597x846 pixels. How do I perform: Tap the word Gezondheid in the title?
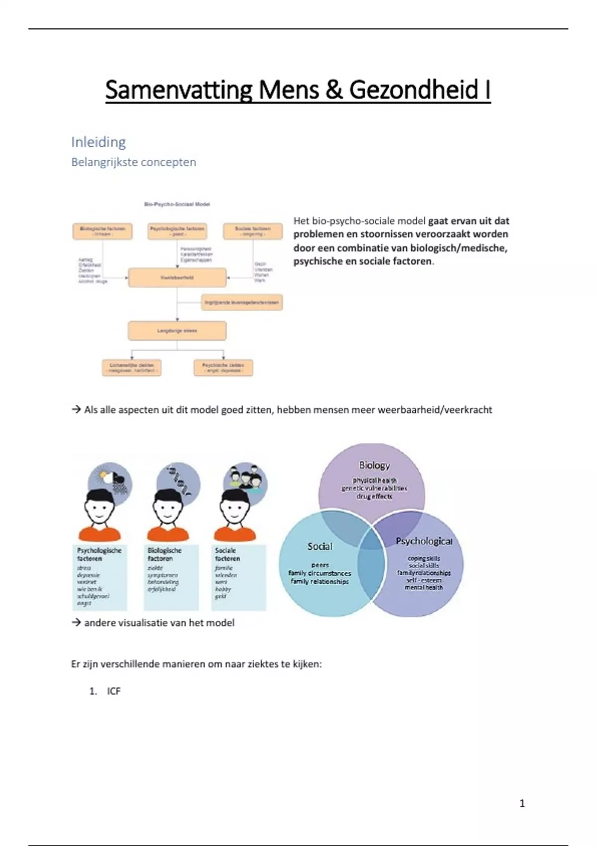tap(413, 90)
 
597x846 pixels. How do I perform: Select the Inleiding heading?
tap(99, 142)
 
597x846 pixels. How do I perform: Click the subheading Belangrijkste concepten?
tap(133, 162)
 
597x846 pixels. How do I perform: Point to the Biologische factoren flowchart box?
tap(102, 231)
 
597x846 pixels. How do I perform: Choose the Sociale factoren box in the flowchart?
tap(253, 231)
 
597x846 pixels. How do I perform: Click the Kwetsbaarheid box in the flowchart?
tap(177, 278)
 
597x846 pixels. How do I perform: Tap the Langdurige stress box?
tap(177, 330)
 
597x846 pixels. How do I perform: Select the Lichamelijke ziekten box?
tap(132, 368)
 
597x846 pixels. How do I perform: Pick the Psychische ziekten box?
tap(223, 368)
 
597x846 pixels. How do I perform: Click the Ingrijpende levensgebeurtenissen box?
tap(242, 302)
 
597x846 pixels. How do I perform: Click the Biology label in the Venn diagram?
tap(374, 465)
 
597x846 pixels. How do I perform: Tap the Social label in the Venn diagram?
tap(319, 546)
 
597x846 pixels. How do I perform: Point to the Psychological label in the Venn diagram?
tap(424, 541)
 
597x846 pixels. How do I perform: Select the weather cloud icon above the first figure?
tap(110, 481)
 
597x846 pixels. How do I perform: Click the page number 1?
tap(522, 803)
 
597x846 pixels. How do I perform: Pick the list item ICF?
tap(113, 691)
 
